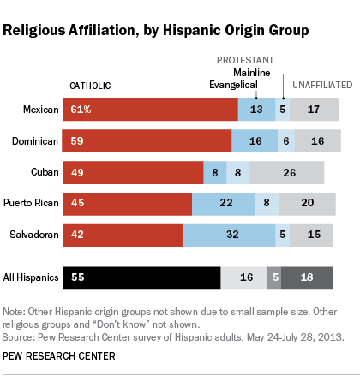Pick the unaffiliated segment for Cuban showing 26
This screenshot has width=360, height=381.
pos(291,171)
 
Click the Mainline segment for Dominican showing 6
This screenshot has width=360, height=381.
pos(285,140)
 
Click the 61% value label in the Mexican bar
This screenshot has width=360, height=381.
pos(80,109)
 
